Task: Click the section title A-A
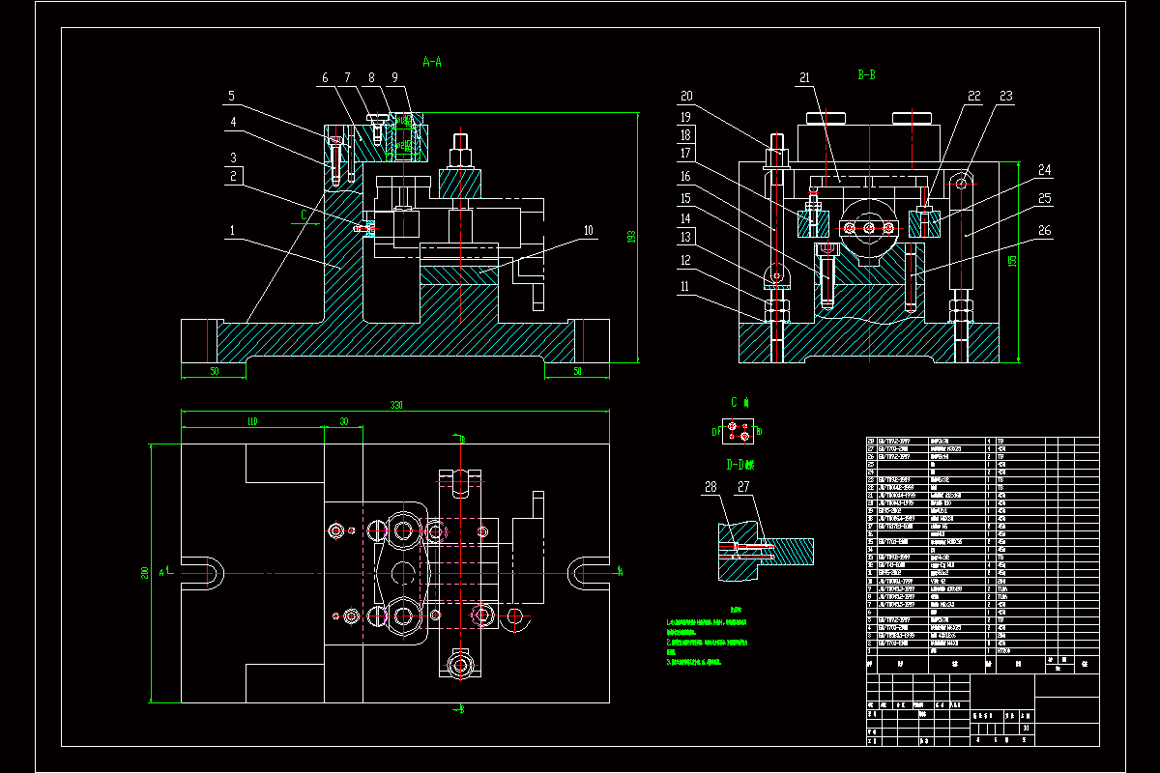(432, 62)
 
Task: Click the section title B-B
(866, 74)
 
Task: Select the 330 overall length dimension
(395, 406)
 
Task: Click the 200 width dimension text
(145, 573)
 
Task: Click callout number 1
(232, 231)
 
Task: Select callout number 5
(232, 96)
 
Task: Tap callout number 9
(394, 77)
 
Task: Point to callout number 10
(588, 230)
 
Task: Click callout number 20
(687, 96)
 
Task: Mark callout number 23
(1005, 96)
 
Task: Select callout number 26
(1044, 231)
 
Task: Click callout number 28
(711, 487)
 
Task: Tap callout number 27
(743, 487)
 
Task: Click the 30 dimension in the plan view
(343, 421)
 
